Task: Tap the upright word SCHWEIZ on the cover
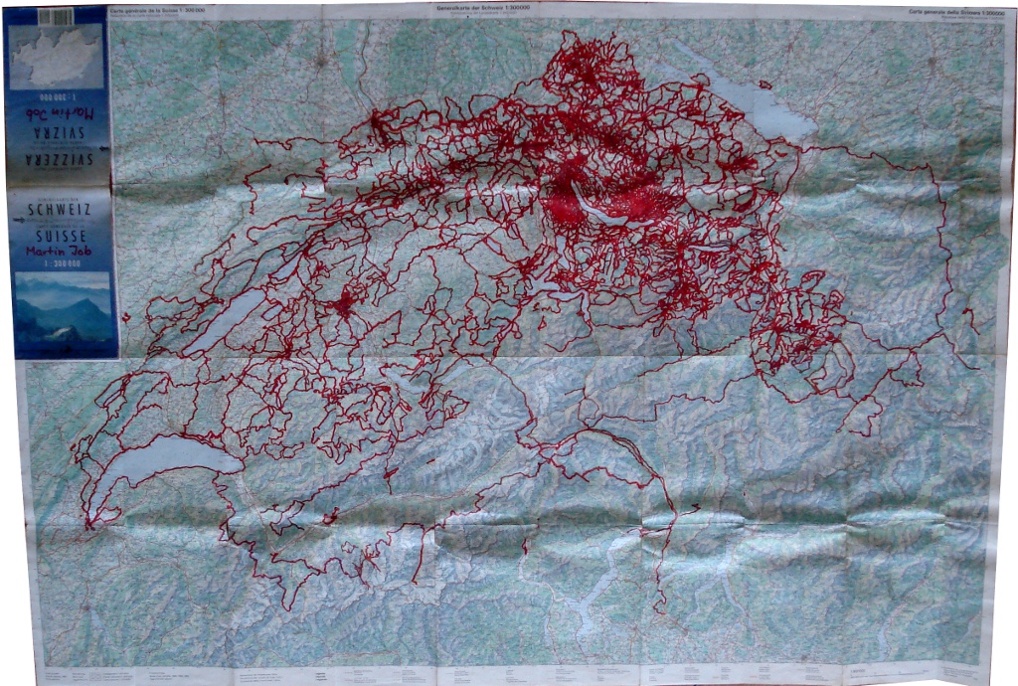tap(61, 210)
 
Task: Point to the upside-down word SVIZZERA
tap(61, 160)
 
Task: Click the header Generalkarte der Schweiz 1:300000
tap(490, 9)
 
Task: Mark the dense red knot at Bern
tap(344, 304)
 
